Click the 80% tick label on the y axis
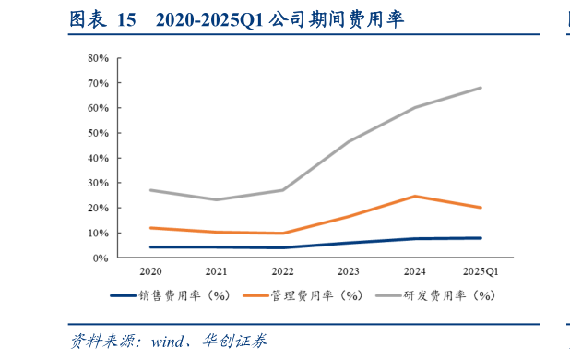pyautogui.click(x=98, y=58)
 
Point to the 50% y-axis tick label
pyautogui.click(x=98, y=133)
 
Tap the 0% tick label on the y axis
pyautogui.click(x=101, y=258)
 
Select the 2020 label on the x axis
pyautogui.click(x=150, y=272)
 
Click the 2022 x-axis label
pyautogui.click(x=282, y=272)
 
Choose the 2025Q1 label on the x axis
pyautogui.click(x=481, y=272)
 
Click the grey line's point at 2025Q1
pyautogui.click(x=481, y=88)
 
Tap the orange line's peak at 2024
pyautogui.click(x=415, y=196)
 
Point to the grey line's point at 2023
pyautogui.click(x=349, y=142)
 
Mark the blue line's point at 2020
pyautogui.click(x=150, y=247)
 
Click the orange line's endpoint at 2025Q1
pyautogui.click(x=481, y=208)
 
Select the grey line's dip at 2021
pyautogui.click(x=217, y=199)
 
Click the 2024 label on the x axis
pyautogui.click(x=415, y=272)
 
